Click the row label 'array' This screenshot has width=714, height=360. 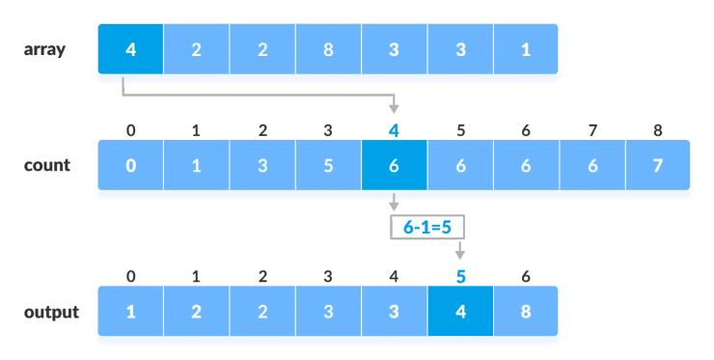pyautogui.click(x=44, y=49)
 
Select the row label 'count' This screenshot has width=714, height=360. pyautogui.click(x=47, y=165)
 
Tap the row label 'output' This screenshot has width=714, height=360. pyautogui.click(x=51, y=312)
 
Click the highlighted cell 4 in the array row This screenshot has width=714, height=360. pyautogui.click(x=131, y=50)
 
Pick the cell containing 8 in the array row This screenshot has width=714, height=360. pyautogui.click(x=328, y=50)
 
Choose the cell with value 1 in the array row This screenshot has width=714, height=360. pyautogui.click(x=526, y=50)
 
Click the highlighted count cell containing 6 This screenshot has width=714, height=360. pyautogui.click(x=394, y=165)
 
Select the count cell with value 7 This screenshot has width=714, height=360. pyautogui.click(x=657, y=165)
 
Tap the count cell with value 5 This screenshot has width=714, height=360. pyautogui.click(x=328, y=165)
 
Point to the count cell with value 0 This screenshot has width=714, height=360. pyautogui.click(x=131, y=165)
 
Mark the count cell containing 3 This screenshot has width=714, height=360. pyautogui.click(x=262, y=165)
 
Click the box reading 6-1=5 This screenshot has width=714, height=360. pyautogui.click(x=426, y=227)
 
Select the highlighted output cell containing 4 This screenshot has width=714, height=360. pyautogui.click(x=460, y=313)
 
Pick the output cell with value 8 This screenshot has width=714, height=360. pyautogui.click(x=526, y=313)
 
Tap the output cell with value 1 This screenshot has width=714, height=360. pyautogui.click(x=131, y=313)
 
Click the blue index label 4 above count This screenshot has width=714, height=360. pyautogui.click(x=394, y=129)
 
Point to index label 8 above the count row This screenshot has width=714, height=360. pyautogui.click(x=657, y=129)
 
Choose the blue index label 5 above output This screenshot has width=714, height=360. pyautogui.click(x=460, y=277)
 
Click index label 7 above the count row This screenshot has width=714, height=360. pyautogui.click(x=591, y=129)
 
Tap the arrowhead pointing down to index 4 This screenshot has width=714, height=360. pyautogui.click(x=394, y=108)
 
